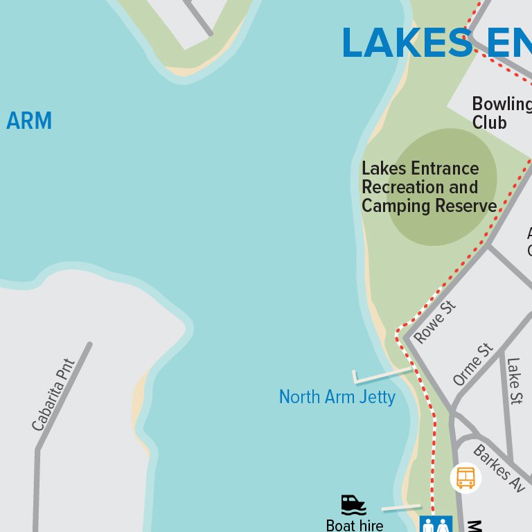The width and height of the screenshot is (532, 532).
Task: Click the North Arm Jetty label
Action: click(x=337, y=397)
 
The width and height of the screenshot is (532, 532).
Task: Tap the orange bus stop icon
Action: click(x=465, y=477)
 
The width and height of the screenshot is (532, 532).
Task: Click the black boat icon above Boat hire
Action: click(x=353, y=505)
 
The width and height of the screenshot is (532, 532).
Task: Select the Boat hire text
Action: click(x=354, y=525)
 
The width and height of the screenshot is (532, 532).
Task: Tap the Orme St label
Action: click(x=473, y=364)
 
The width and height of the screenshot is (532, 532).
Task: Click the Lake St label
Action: click(x=514, y=380)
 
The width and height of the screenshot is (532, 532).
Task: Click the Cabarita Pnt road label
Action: click(x=53, y=395)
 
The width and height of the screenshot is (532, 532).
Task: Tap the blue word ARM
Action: click(x=29, y=121)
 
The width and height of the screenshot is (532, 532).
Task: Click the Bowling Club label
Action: click(x=502, y=113)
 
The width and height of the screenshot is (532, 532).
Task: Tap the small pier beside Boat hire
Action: click(x=401, y=508)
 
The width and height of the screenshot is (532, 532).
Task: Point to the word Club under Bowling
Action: click(x=490, y=123)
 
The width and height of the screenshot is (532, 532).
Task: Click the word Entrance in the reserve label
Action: click(x=445, y=168)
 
